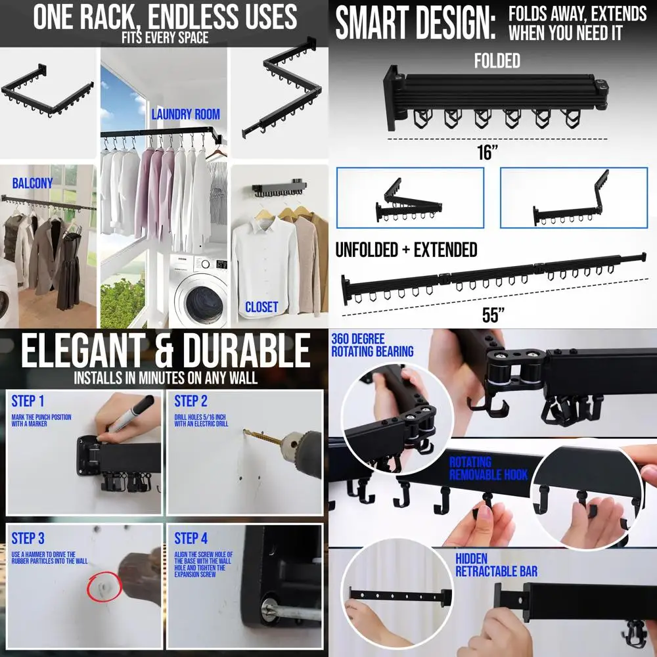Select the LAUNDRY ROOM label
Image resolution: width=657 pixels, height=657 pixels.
(x=185, y=114)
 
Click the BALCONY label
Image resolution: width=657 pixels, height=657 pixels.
(x=32, y=183)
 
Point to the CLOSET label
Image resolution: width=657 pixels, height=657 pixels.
(x=261, y=307)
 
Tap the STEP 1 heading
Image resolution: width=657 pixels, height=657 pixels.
(x=28, y=401)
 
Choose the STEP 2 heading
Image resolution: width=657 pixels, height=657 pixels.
(x=191, y=401)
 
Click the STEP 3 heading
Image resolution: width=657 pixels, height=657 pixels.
(x=28, y=539)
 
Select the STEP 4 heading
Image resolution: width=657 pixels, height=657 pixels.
(x=191, y=539)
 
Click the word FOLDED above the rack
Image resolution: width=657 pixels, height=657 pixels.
(x=497, y=61)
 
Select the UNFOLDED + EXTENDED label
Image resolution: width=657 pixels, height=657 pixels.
(x=406, y=250)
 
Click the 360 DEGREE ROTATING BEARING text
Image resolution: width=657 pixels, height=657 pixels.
(x=372, y=345)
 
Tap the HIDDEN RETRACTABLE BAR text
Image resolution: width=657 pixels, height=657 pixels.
(x=496, y=565)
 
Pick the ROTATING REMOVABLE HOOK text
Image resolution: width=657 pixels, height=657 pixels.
(x=489, y=468)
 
